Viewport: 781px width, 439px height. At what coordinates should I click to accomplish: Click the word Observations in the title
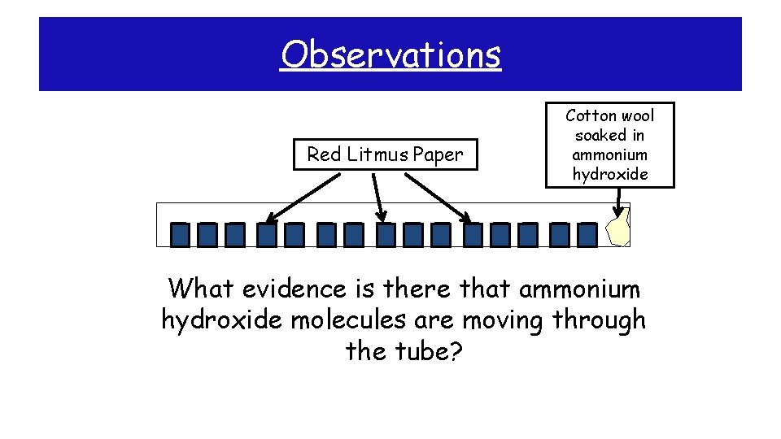pyautogui.click(x=390, y=55)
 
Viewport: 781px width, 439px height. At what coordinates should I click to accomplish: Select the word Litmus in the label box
pyautogui.click(x=376, y=154)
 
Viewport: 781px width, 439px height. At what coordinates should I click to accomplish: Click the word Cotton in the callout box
pyautogui.click(x=590, y=115)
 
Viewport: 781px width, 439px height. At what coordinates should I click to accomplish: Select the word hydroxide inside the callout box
pyautogui.click(x=609, y=174)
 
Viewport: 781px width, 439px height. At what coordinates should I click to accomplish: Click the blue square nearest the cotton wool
pyautogui.click(x=587, y=235)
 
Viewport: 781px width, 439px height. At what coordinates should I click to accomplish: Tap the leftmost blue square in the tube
pyautogui.click(x=181, y=235)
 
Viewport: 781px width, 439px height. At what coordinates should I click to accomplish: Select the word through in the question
pyautogui.click(x=599, y=320)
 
